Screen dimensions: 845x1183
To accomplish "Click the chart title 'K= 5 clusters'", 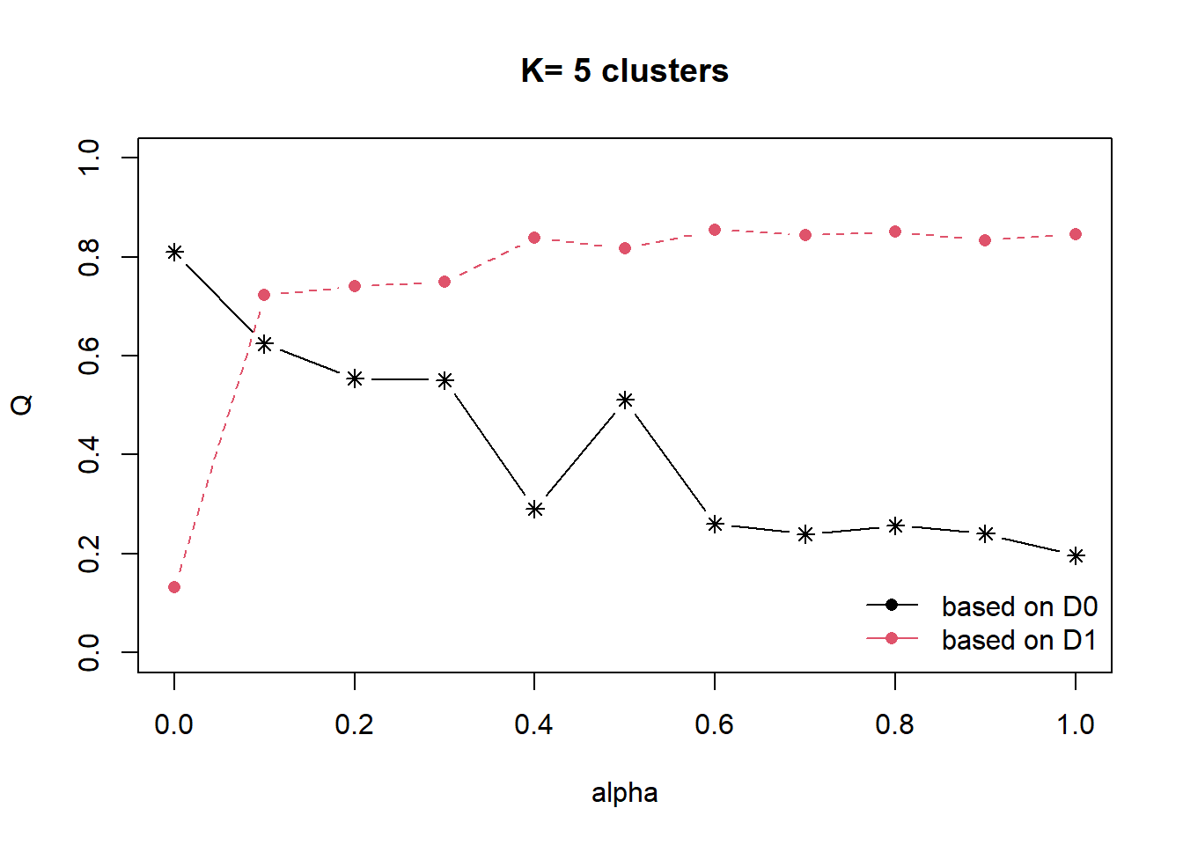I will point(624,70).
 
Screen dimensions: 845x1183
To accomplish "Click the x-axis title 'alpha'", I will point(624,792).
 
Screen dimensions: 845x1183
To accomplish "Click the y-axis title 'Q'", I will point(22,404).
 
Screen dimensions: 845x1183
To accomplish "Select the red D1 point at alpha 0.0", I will point(174,587).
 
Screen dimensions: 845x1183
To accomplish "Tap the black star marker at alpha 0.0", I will point(174,253).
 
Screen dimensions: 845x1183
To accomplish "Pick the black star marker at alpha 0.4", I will point(534,509).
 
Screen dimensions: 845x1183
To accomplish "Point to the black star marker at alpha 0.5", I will point(625,400).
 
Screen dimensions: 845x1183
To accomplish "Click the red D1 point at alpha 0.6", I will point(715,230).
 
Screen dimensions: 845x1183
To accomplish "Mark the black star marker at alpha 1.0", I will point(1076,556).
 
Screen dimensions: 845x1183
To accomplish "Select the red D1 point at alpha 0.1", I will point(264,295).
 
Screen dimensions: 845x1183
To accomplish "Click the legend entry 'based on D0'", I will point(1019,606).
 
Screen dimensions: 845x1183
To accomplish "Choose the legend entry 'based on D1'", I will point(1019,640).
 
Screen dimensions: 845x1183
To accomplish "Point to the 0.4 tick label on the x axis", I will point(534,724).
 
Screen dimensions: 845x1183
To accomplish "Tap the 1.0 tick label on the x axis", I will point(1076,724).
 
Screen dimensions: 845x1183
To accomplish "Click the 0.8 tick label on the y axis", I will point(89,257).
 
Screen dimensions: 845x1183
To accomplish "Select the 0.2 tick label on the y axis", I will point(89,554).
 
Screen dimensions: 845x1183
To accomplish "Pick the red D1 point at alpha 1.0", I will point(1076,234).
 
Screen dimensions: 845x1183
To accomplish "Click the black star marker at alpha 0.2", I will point(355,378).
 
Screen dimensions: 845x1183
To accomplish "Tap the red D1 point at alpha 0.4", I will point(534,238).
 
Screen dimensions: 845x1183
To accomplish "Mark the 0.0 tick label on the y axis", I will point(89,652).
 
